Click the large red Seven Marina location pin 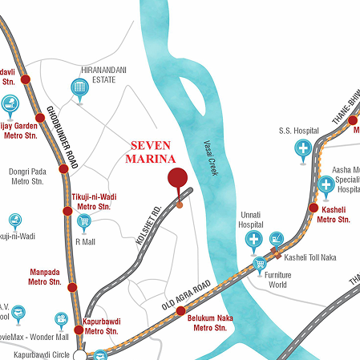176,178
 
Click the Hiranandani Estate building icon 79,88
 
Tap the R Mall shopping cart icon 83,222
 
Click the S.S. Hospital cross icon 304,148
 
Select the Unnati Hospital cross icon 253,239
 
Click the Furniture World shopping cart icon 260,264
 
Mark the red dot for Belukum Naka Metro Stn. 181,310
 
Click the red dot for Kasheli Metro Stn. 314,208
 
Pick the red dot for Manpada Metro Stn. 72,287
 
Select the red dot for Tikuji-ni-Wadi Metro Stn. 67,211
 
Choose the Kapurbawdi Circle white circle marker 79,353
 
